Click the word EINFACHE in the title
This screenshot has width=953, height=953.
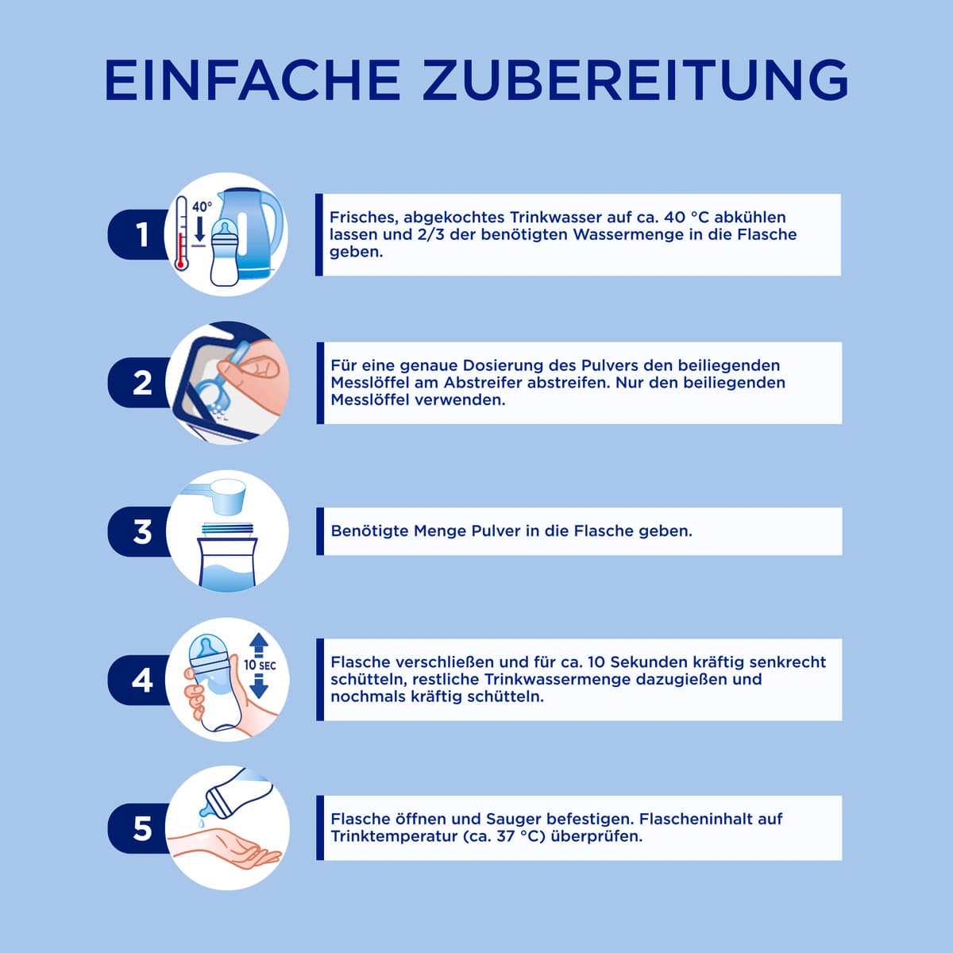(x=253, y=80)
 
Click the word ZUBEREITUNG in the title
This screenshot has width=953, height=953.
(x=635, y=80)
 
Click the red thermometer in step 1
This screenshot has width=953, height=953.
(x=182, y=233)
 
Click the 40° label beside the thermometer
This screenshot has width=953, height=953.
(x=202, y=206)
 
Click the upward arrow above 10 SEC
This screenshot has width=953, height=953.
(x=259, y=645)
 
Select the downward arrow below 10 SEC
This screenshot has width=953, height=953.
(x=259, y=686)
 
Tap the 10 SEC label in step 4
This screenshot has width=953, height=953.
(x=260, y=666)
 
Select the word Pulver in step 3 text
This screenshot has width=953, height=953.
(x=504, y=531)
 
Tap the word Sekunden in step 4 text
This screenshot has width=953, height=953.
(x=638, y=662)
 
